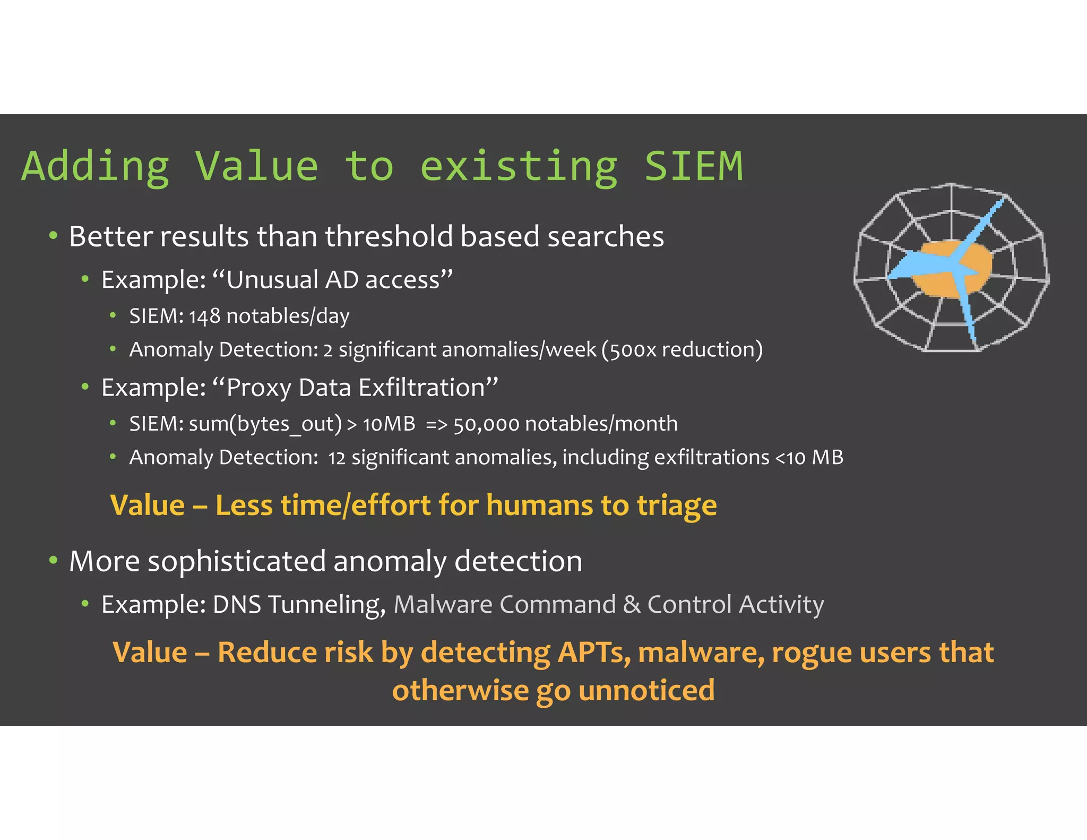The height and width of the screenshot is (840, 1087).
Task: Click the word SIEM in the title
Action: coord(693,167)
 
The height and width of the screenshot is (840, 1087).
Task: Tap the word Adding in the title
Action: coord(96,167)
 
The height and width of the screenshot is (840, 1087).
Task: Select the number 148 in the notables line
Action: coord(204,316)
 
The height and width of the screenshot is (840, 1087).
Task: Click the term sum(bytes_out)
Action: coord(265,424)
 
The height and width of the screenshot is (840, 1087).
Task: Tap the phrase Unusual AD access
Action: coord(333,280)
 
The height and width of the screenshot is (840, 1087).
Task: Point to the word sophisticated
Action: coord(237,561)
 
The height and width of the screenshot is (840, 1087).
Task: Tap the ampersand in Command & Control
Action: coord(632,605)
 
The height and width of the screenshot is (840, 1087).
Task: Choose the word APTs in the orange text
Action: coord(594,653)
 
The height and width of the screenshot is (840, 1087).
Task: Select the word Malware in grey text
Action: coord(443,605)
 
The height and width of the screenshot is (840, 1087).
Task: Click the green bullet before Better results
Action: coord(53,236)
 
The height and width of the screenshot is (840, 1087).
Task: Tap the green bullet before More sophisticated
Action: coord(53,561)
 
